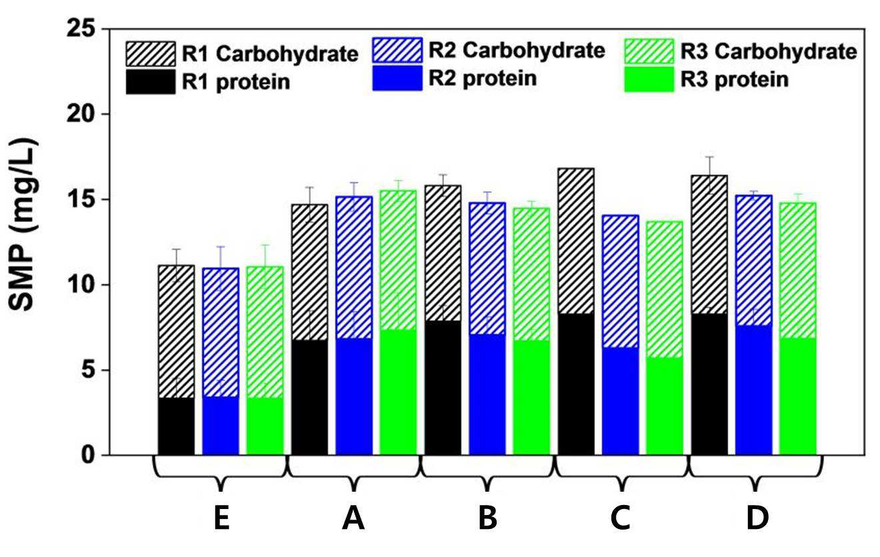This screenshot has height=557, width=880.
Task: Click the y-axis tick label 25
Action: [82, 29]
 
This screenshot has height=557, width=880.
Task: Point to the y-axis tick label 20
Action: [82, 114]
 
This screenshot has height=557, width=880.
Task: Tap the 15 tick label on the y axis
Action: [82, 199]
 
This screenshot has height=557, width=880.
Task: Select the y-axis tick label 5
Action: [89, 370]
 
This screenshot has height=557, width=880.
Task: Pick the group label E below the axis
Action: [222, 518]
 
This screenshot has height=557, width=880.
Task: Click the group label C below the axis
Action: [621, 518]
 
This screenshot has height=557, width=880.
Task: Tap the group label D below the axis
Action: [757, 518]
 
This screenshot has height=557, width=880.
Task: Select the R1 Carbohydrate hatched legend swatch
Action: [151, 54]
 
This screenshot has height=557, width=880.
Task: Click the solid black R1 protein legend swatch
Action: [151, 82]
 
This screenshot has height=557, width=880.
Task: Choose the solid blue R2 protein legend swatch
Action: [397, 78]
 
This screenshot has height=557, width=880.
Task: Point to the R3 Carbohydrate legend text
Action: [769, 52]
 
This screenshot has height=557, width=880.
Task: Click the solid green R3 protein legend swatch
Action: [649, 80]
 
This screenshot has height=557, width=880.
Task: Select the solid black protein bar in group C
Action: [576, 384]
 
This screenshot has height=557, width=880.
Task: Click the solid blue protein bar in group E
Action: [221, 426]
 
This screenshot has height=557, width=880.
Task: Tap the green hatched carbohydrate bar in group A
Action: [398, 260]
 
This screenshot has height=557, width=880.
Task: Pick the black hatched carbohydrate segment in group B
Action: [443, 253]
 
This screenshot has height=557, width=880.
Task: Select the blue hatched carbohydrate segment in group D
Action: [753, 261]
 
